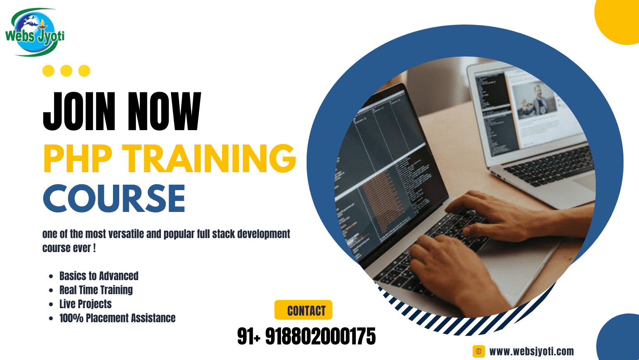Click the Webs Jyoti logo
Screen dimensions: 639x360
click(x=35, y=32)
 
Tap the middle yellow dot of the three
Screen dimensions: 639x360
click(x=66, y=71)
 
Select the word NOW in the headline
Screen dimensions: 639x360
click(x=164, y=111)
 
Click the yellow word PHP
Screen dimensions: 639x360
click(x=78, y=159)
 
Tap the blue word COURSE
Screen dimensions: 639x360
click(x=114, y=199)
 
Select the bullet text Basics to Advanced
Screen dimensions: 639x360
click(x=99, y=276)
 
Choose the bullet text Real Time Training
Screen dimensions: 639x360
click(x=96, y=290)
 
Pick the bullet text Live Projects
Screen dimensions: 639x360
click(x=85, y=304)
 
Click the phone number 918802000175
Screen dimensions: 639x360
click(x=320, y=336)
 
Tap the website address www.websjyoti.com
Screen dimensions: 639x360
click(x=531, y=351)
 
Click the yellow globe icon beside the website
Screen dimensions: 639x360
click(x=479, y=351)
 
